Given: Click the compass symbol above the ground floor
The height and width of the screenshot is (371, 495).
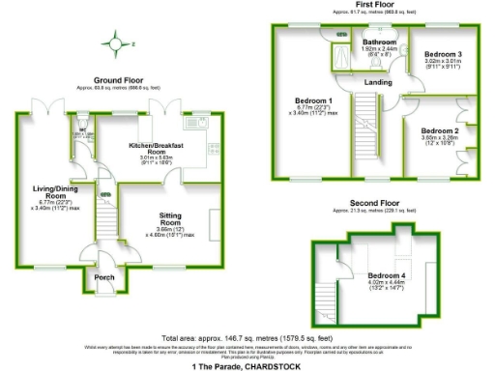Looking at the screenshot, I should point(118,43).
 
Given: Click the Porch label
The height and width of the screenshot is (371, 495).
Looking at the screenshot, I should point(104,279).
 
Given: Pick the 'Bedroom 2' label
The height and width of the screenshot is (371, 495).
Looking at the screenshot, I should point(438,129).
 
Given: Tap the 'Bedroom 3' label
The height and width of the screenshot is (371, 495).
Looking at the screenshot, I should point(444,54).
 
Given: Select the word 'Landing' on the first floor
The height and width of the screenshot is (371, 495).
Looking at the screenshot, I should point(377,82).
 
